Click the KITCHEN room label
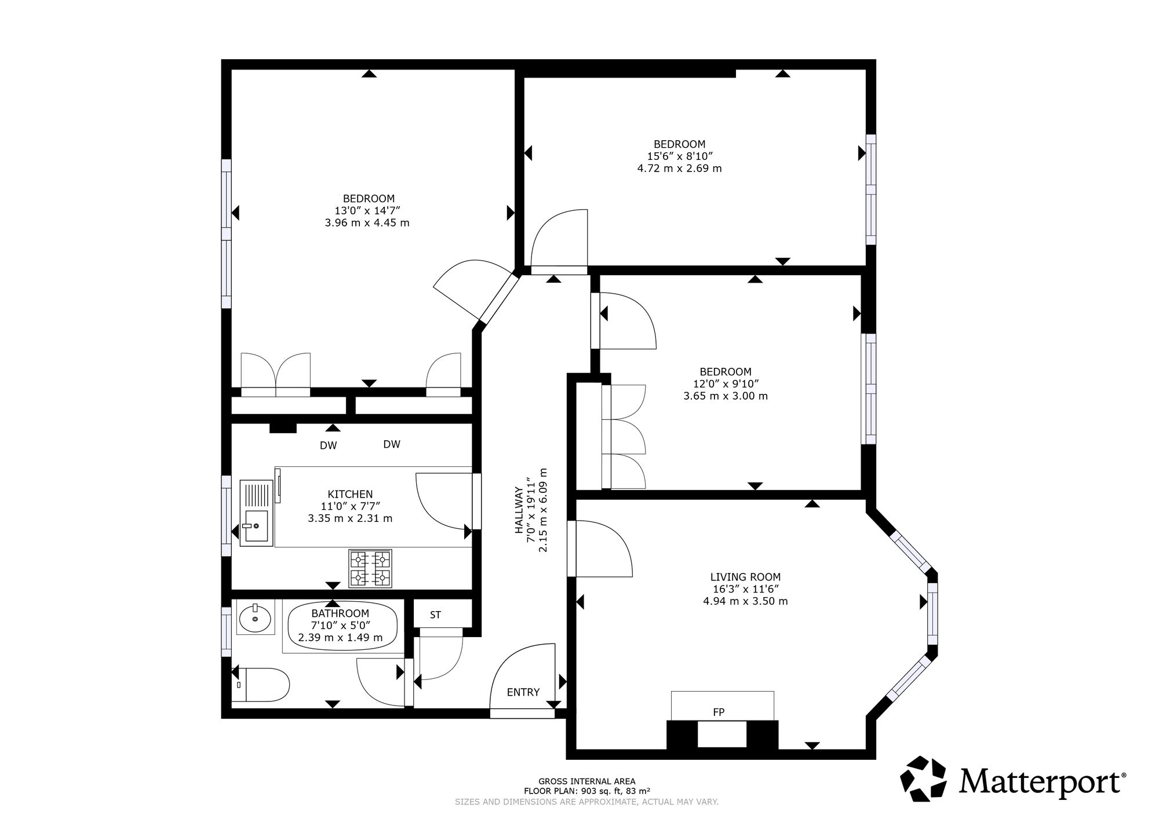(350, 494)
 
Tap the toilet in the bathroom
(264, 684)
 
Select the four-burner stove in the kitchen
(370, 568)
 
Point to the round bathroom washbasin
(255, 618)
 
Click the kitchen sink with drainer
(256, 512)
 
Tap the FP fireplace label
(719, 712)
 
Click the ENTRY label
(523, 692)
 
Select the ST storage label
(435, 615)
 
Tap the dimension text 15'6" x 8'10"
(679, 156)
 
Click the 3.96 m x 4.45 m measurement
(367, 223)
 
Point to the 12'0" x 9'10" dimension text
(726, 384)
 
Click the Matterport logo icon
(925, 780)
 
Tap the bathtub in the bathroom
(342, 627)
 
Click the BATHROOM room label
(340, 613)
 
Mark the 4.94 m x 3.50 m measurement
(745, 601)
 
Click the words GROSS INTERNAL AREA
(586, 781)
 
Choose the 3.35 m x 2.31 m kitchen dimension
(350, 518)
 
